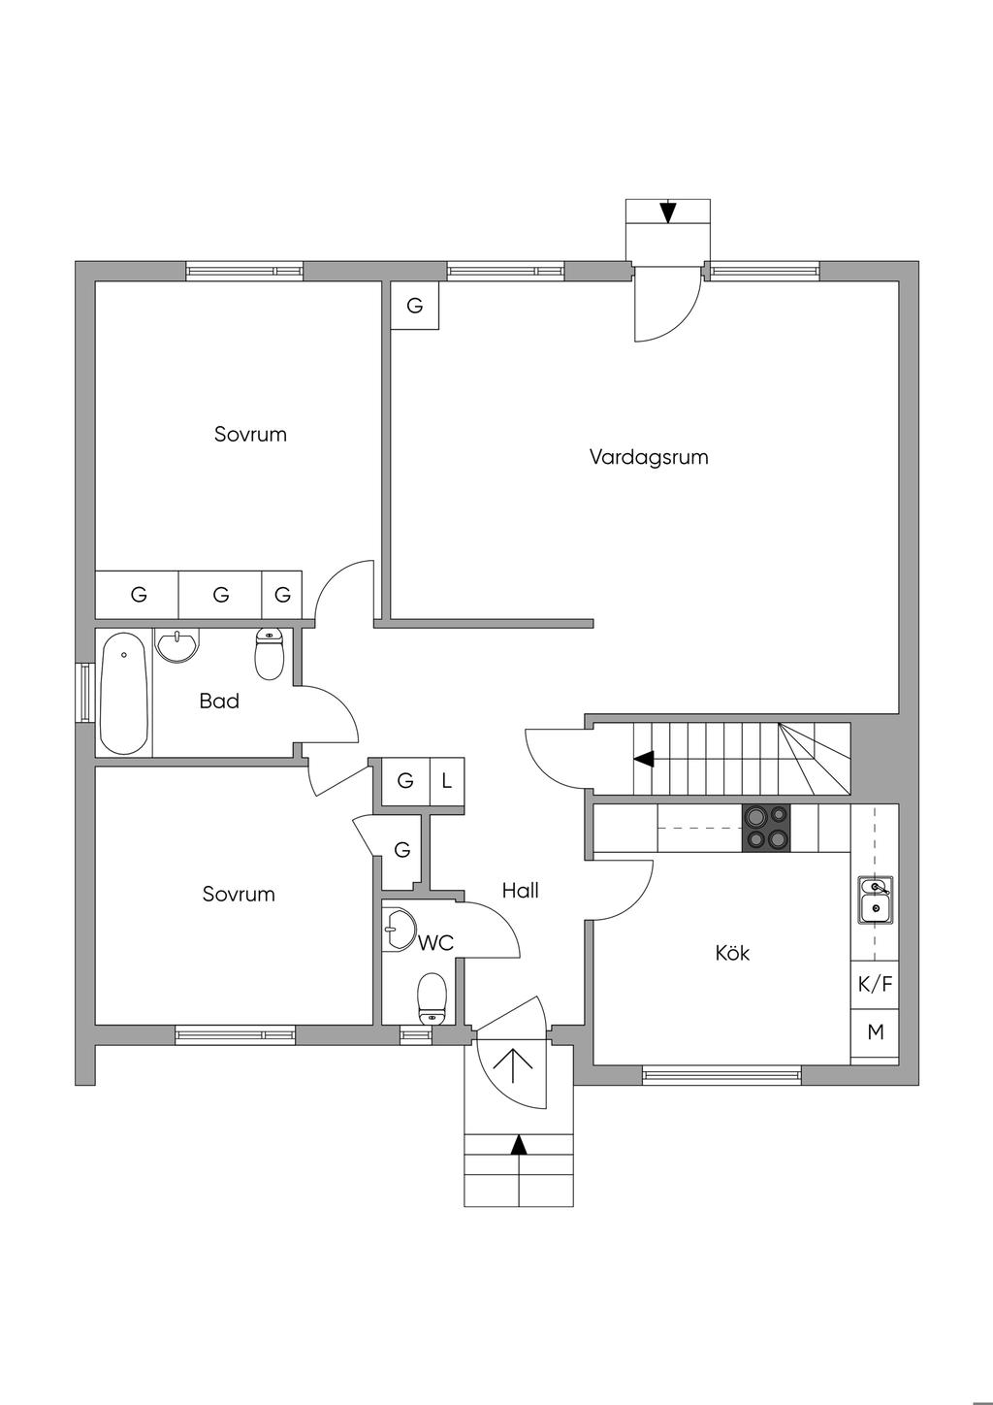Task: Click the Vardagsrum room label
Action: click(x=649, y=457)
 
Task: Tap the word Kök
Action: click(x=732, y=953)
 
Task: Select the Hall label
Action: click(x=521, y=890)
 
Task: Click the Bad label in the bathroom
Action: click(x=219, y=701)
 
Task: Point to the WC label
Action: click(x=435, y=943)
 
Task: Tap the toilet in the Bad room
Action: click(x=270, y=654)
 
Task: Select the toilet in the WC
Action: click(x=432, y=999)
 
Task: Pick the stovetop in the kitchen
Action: click(x=766, y=828)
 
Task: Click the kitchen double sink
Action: click(x=876, y=900)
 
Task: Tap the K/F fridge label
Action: click(x=875, y=984)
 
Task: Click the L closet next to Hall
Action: click(x=447, y=781)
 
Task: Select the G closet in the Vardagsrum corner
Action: click(x=414, y=306)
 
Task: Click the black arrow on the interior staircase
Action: click(x=644, y=759)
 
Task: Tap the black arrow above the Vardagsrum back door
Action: click(x=668, y=212)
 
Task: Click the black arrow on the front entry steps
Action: click(x=518, y=1145)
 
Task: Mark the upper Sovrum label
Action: click(x=251, y=434)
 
